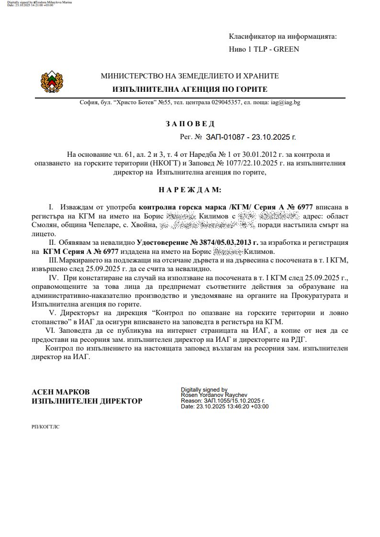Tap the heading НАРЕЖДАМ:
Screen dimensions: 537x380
click(x=190, y=190)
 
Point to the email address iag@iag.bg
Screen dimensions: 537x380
click(x=286, y=102)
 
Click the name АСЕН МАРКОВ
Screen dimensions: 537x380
click(x=60, y=392)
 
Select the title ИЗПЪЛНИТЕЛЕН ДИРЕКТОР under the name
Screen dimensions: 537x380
click(x=87, y=401)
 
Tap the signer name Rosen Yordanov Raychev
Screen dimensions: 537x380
click(x=211, y=395)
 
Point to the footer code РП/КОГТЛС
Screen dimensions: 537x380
click(x=45, y=425)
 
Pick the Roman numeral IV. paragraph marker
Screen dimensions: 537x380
click(x=53, y=278)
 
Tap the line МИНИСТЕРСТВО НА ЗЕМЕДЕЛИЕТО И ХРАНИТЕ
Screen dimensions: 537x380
click(x=190, y=76)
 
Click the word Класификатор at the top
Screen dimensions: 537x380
click(x=251, y=36)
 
